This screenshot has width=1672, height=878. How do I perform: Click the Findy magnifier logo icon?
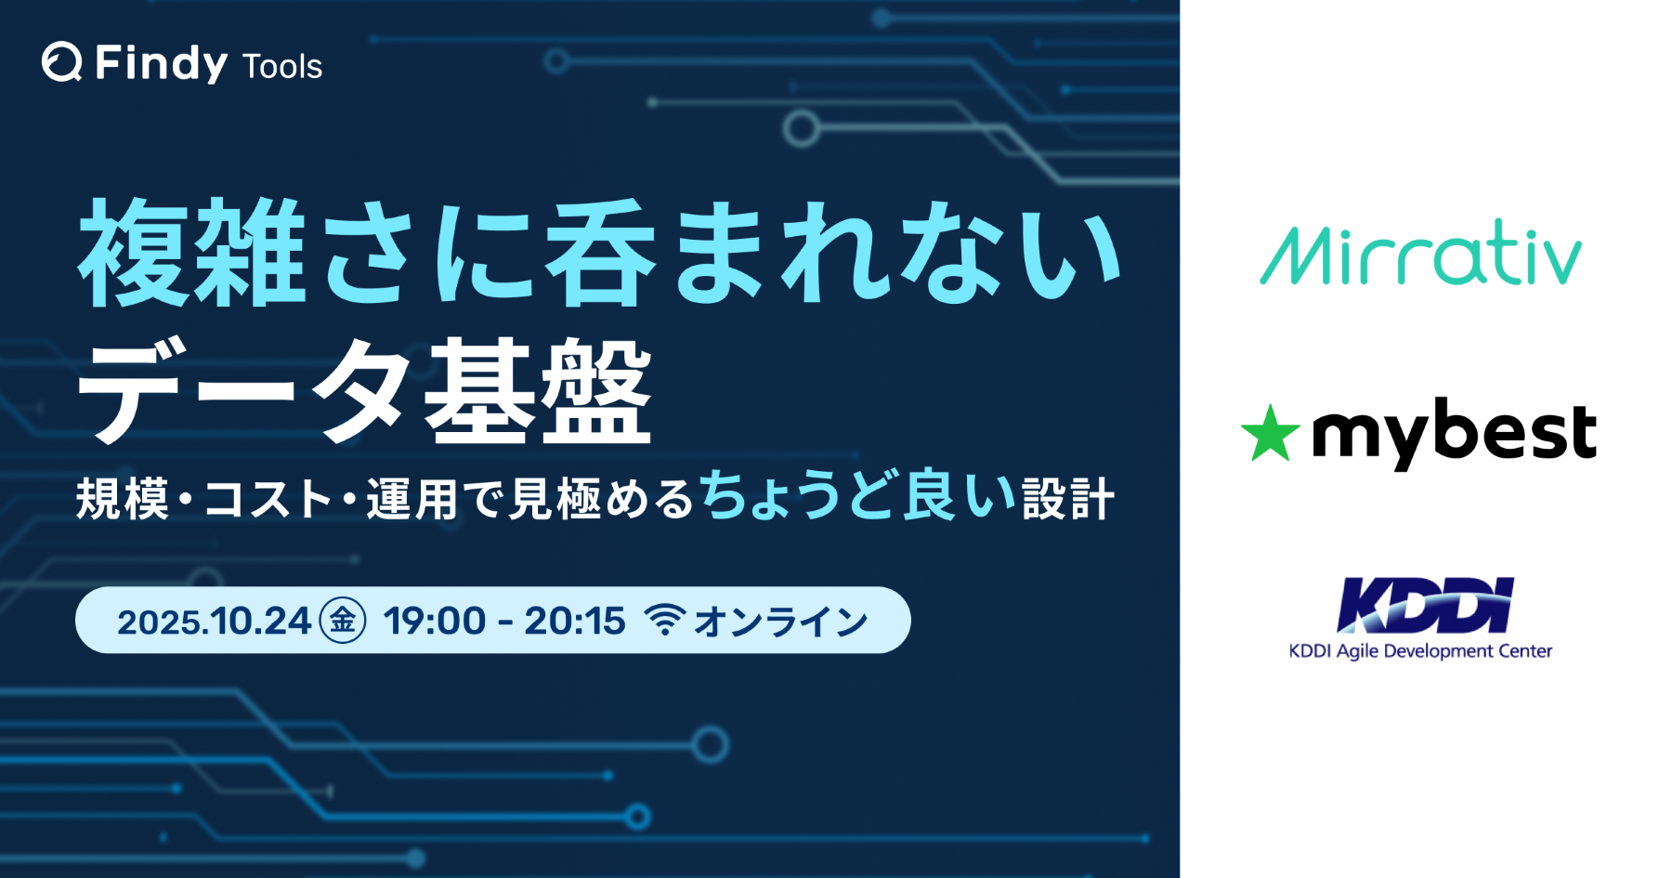(x=61, y=62)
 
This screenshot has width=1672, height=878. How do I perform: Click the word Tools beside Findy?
(x=281, y=67)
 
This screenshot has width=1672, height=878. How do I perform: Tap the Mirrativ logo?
(x=1420, y=254)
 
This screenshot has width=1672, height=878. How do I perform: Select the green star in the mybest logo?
(x=1270, y=434)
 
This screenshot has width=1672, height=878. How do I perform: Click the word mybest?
(x=1454, y=434)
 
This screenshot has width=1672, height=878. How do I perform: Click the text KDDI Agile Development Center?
(x=1420, y=651)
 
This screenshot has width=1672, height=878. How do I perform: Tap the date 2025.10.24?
(x=214, y=622)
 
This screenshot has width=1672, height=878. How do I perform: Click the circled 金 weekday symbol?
(x=343, y=621)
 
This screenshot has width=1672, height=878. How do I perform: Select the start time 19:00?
(x=435, y=622)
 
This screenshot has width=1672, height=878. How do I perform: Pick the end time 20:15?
(x=575, y=622)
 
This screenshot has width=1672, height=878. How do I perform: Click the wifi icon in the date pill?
(x=664, y=620)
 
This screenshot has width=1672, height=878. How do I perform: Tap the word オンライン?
(x=781, y=622)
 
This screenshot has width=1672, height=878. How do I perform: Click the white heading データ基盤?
(x=364, y=390)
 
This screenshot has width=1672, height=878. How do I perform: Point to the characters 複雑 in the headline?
(x=192, y=253)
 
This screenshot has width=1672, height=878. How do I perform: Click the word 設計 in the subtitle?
(x=1068, y=499)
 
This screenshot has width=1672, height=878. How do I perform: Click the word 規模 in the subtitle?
(x=122, y=500)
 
